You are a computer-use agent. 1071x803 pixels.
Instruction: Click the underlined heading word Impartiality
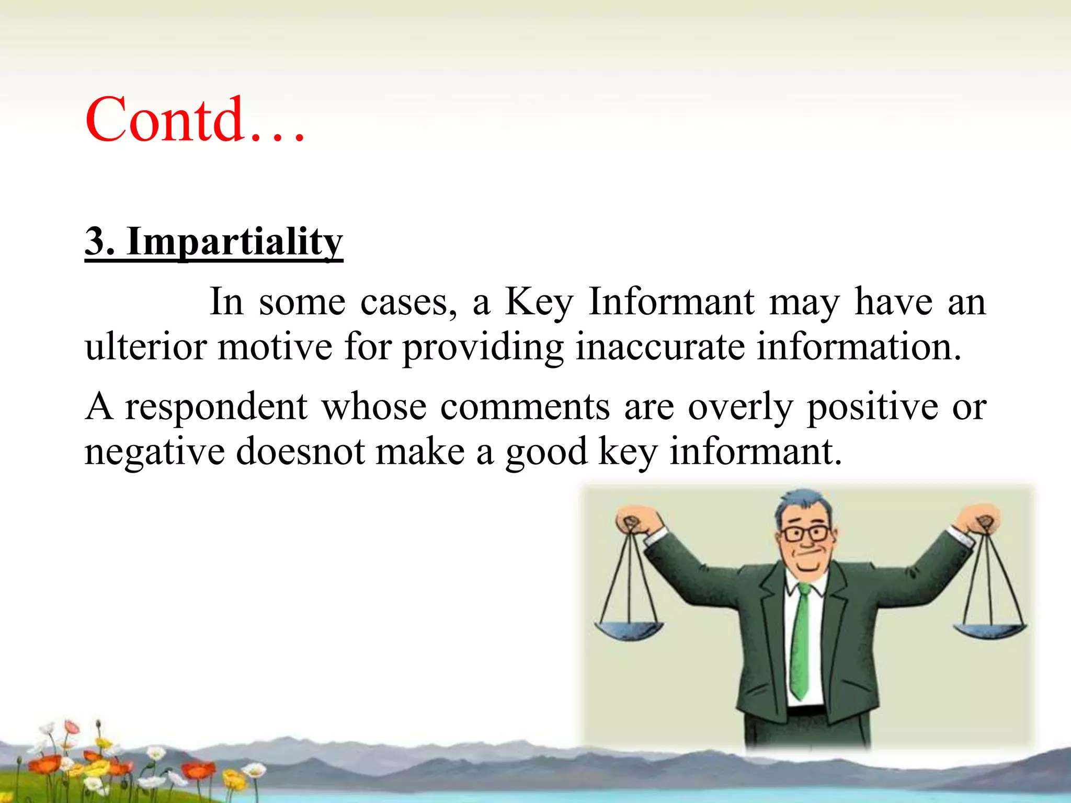(x=234, y=242)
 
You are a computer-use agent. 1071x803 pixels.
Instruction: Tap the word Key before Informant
(x=539, y=303)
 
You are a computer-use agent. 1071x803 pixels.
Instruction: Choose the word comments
(x=525, y=407)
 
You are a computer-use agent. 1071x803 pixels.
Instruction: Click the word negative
(x=154, y=452)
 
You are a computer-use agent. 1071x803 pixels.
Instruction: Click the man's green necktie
(x=800, y=643)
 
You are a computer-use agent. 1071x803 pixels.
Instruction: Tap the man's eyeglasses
(x=805, y=534)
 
